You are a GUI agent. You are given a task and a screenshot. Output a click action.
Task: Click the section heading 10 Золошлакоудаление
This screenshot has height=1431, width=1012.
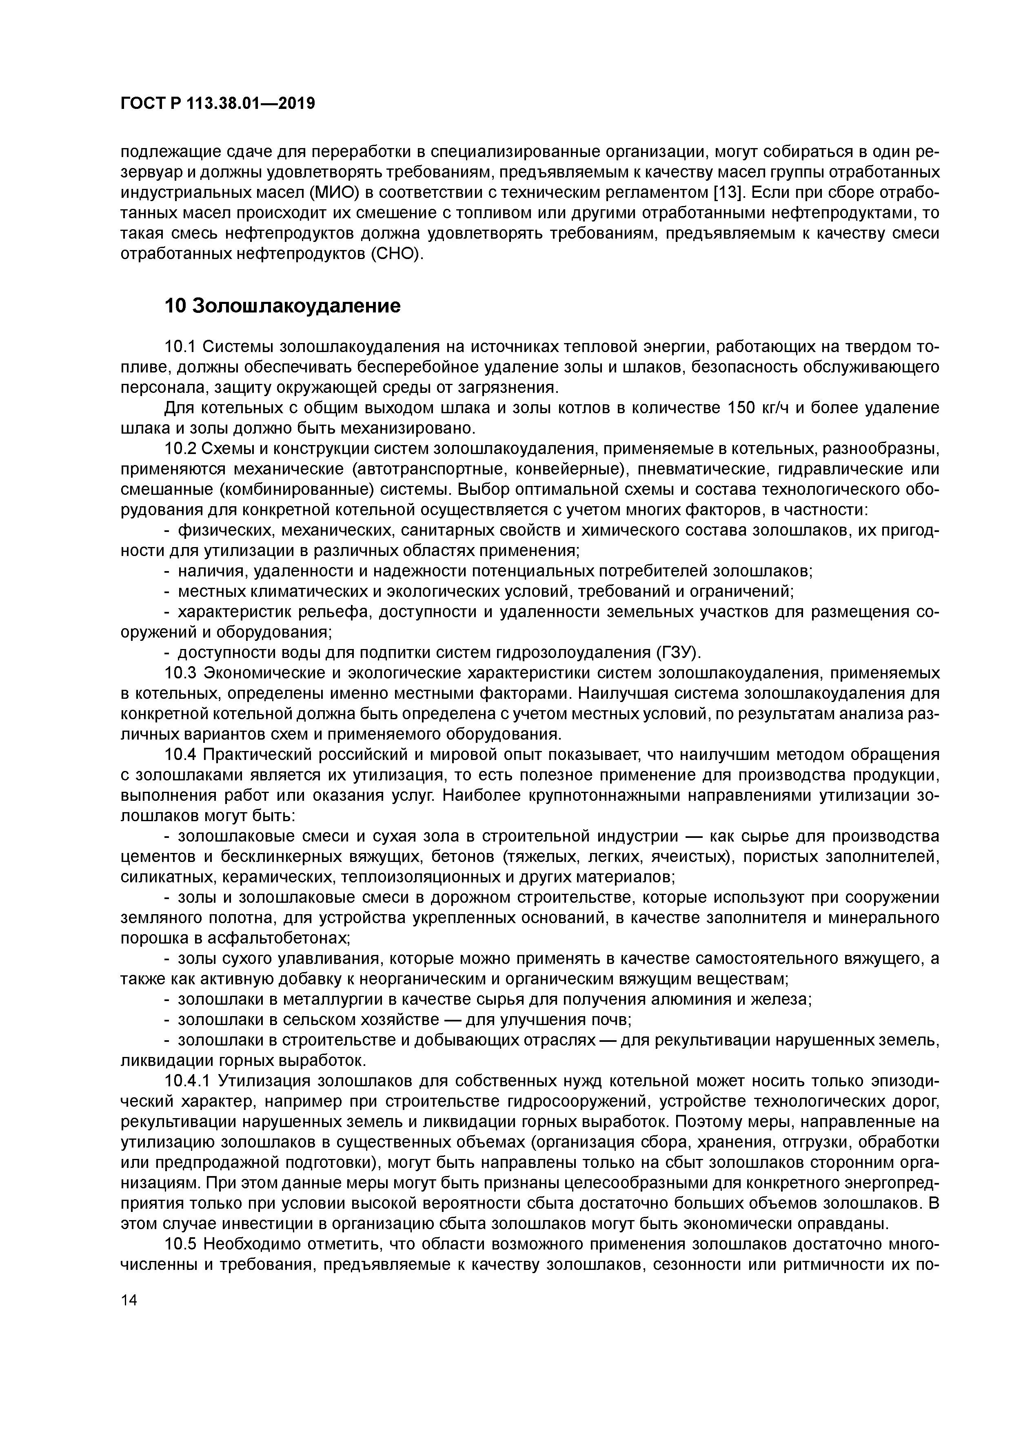[x=282, y=306]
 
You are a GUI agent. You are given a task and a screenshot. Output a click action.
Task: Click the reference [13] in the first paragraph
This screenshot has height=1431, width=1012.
[x=728, y=193]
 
